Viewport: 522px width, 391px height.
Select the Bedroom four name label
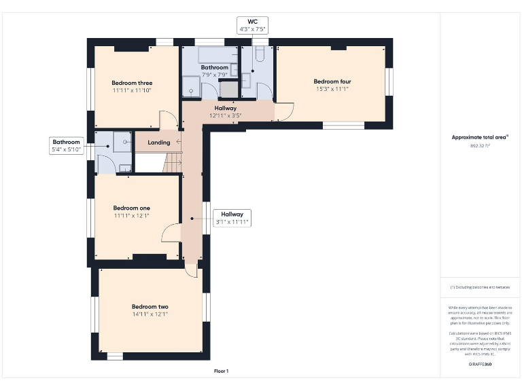tap(332, 81)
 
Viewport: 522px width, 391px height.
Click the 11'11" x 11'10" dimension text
tap(132, 90)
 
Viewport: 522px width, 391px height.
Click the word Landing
tap(159, 143)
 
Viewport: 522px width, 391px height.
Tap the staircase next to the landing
tap(174, 162)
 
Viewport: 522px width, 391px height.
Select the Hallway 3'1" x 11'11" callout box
tap(231, 218)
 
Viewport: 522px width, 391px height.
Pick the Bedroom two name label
tap(150, 306)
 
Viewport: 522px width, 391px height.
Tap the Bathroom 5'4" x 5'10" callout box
tap(67, 145)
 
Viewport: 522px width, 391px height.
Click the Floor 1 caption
tap(221, 371)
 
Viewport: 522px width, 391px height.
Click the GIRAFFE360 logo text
tap(480, 365)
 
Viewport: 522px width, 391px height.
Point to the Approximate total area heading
tap(480, 137)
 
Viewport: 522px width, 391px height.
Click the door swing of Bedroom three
tap(168, 120)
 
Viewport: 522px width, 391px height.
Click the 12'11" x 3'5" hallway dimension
tap(226, 116)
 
